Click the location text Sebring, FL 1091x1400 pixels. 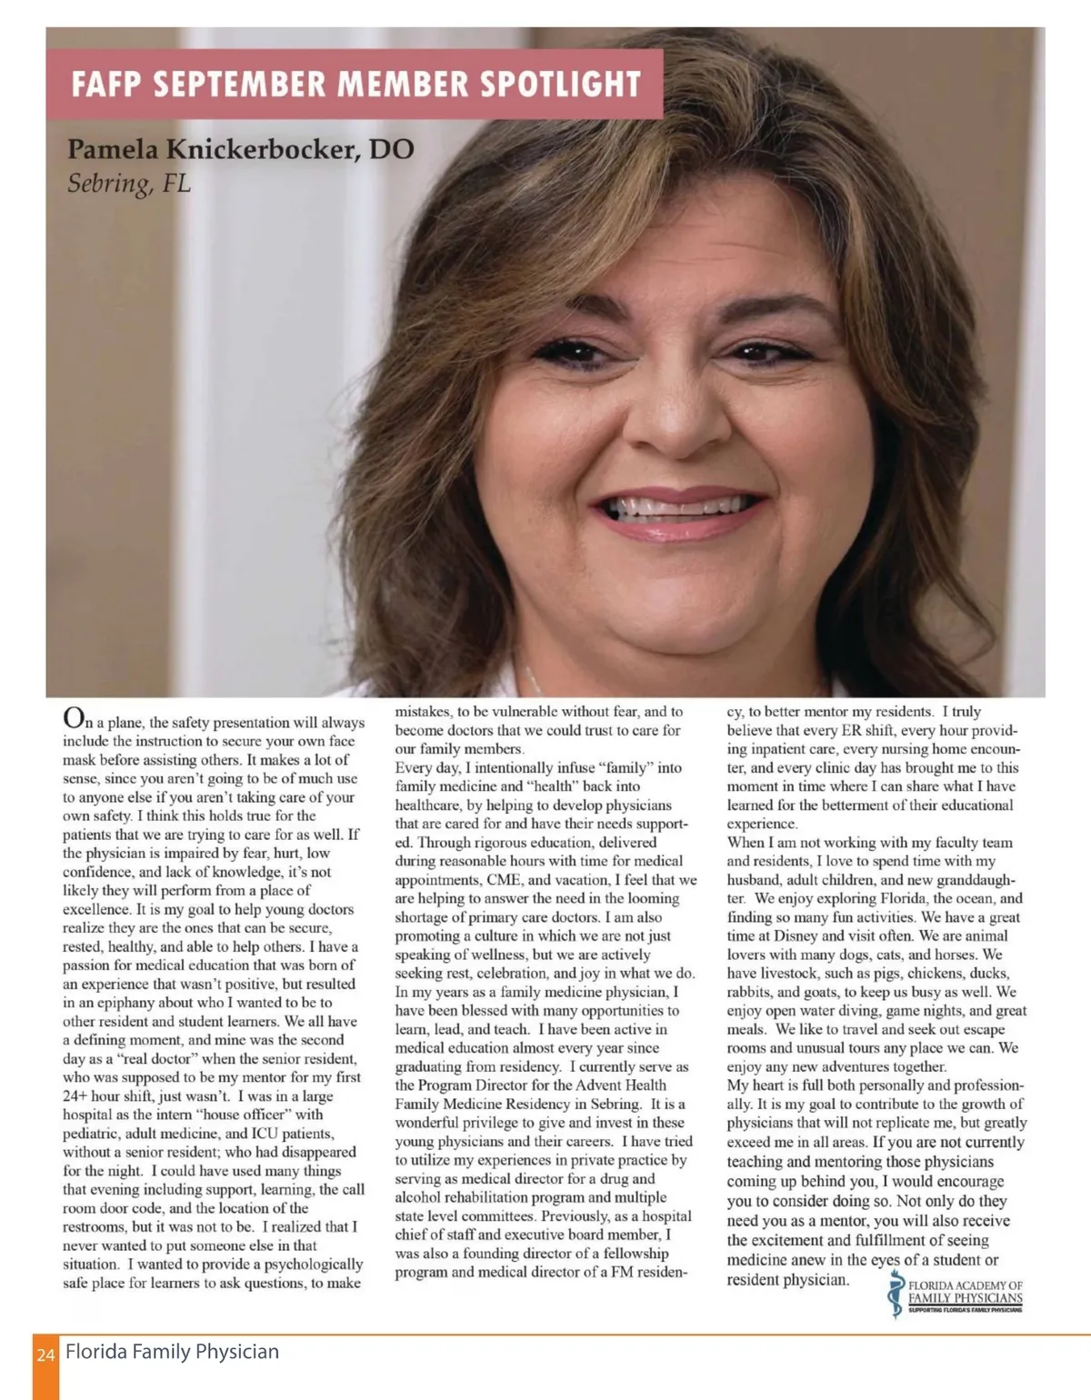point(129,184)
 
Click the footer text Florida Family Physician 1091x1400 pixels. point(172,1352)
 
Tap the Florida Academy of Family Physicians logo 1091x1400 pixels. point(956,1293)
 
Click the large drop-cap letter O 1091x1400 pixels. point(74,717)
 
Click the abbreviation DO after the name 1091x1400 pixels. point(392,148)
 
